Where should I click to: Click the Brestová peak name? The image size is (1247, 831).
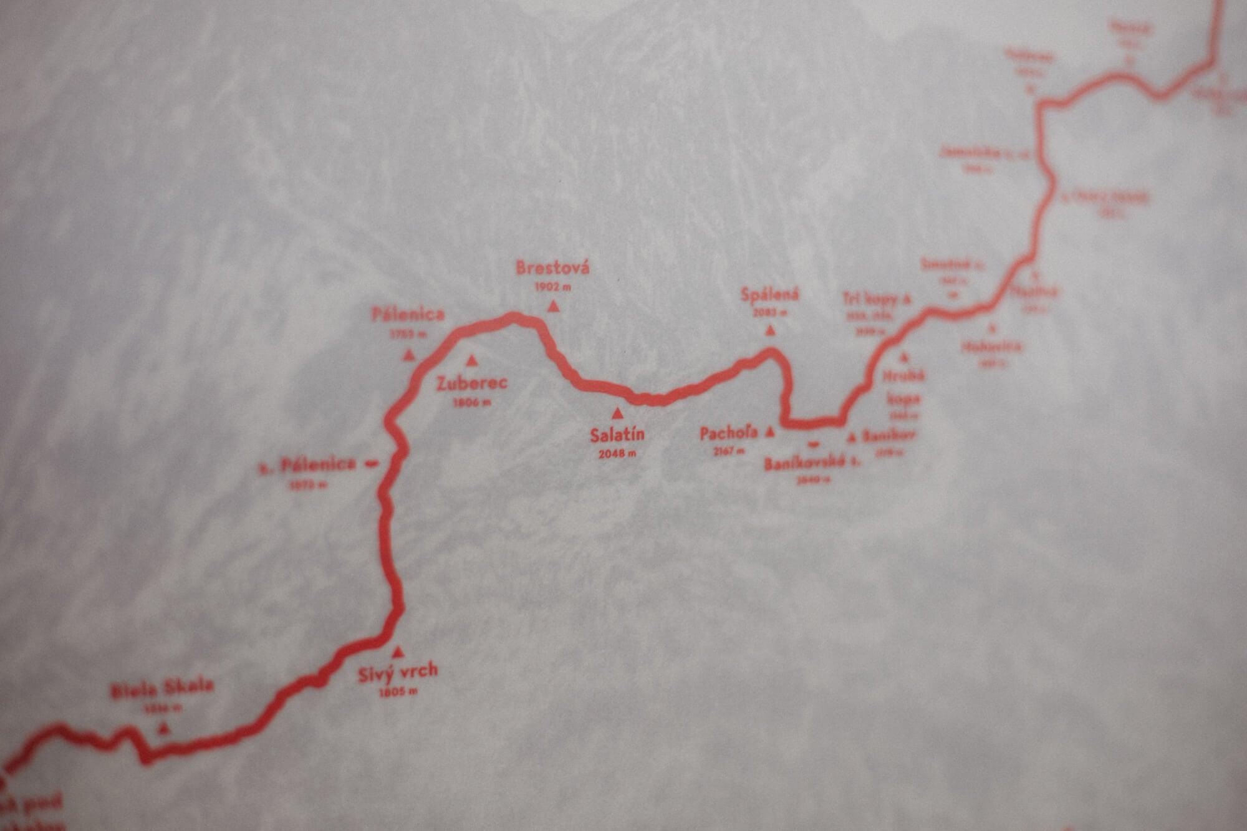[552, 269]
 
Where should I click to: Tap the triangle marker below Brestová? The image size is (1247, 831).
[553, 306]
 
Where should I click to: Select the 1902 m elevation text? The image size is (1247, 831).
[553, 287]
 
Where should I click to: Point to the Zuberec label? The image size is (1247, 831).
[472, 383]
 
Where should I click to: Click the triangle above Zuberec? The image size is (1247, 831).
[472, 360]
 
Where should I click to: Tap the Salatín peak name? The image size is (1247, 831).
[617, 435]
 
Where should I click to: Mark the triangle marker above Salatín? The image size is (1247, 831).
[617, 413]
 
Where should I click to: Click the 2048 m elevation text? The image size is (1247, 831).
[617, 454]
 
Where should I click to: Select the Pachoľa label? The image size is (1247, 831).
[729, 433]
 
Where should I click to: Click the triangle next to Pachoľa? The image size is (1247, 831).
[769, 431]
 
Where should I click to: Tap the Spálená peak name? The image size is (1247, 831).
[770, 294]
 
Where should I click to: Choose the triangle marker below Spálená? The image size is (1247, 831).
[770, 331]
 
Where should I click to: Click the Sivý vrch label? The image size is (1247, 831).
[398, 673]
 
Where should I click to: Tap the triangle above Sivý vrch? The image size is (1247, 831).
[398, 653]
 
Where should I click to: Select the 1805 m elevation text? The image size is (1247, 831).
[398, 691]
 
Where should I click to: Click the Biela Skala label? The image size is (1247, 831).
[162, 689]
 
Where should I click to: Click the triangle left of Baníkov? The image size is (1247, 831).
[852, 438]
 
